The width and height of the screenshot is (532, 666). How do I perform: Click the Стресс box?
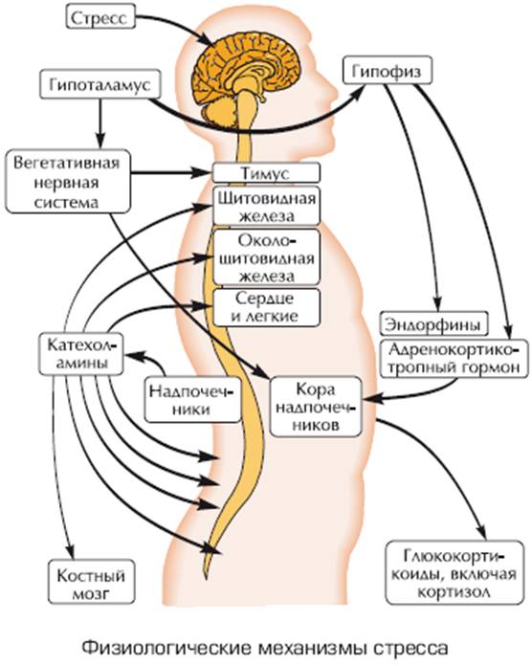(x=100, y=18)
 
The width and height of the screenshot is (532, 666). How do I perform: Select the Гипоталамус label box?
(x=100, y=84)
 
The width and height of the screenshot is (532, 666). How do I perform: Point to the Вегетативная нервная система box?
(x=68, y=182)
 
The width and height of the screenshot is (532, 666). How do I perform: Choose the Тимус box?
(x=266, y=173)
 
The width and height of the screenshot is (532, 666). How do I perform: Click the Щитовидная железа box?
(x=266, y=206)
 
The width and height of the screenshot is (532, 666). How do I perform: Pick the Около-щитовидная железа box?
(x=266, y=257)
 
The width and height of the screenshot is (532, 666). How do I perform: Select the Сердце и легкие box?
(x=266, y=307)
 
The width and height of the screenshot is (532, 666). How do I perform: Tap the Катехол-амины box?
(x=81, y=354)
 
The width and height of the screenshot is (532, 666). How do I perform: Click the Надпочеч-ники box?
(x=192, y=399)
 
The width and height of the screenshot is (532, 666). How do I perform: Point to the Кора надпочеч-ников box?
(x=317, y=407)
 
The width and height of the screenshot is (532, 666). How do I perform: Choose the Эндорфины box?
(x=433, y=324)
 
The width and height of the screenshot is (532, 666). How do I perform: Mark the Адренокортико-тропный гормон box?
(x=454, y=359)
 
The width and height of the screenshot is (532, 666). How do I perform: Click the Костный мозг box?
(x=91, y=582)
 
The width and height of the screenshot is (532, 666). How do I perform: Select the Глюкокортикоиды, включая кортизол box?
(x=454, y=572)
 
